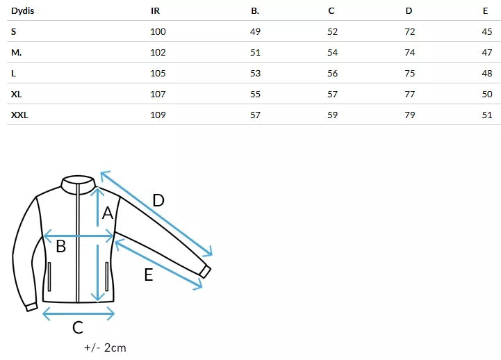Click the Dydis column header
[x=24, y=10]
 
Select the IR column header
[x=156, y=10]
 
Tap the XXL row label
[x=19, y=115]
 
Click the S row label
[x=14, y=31]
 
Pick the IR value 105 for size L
[x=158, y=73]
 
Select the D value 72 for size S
[x=410, y=31]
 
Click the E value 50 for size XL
[x=486, y=94]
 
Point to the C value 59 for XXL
[x=332, y=115]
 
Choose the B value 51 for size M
[x=255, y=52]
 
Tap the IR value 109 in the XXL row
[x=158, y=115]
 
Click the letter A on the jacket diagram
[x=108, y=213]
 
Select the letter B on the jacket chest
[x=61, y=245]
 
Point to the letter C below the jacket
[x=78, y=327]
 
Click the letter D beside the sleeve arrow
[x=158, y=201]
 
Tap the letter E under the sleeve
[x=148, y=275]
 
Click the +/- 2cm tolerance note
[x=105, y=347]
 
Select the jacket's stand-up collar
[x=78, y=182]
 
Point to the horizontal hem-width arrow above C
[x=79, y=313]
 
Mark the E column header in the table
[x=485, y=10]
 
